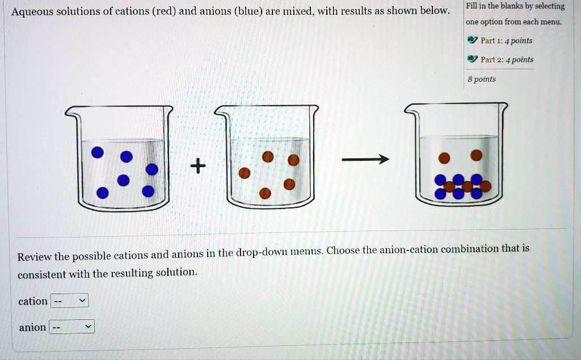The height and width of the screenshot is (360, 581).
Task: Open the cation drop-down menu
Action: [x=70, y=301]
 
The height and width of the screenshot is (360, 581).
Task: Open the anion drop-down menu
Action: [x=72, y=327]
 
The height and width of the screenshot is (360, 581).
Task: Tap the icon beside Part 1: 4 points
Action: [x=471, y=40]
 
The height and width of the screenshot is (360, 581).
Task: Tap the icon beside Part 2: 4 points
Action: [x=471, y=59]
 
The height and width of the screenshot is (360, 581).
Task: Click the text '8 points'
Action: [x=481, y=79]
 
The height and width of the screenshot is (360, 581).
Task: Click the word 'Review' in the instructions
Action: [x=34, y=257]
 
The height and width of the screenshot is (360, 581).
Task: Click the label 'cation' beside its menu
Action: [x=33, y=301]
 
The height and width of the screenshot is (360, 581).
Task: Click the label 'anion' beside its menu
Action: [x=32, y=327]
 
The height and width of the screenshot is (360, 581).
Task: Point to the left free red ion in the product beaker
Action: [x=444, y=157]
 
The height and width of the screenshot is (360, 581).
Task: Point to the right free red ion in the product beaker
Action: [x=476, y=154]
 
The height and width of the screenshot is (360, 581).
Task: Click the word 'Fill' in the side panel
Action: [x=471, y=6]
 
